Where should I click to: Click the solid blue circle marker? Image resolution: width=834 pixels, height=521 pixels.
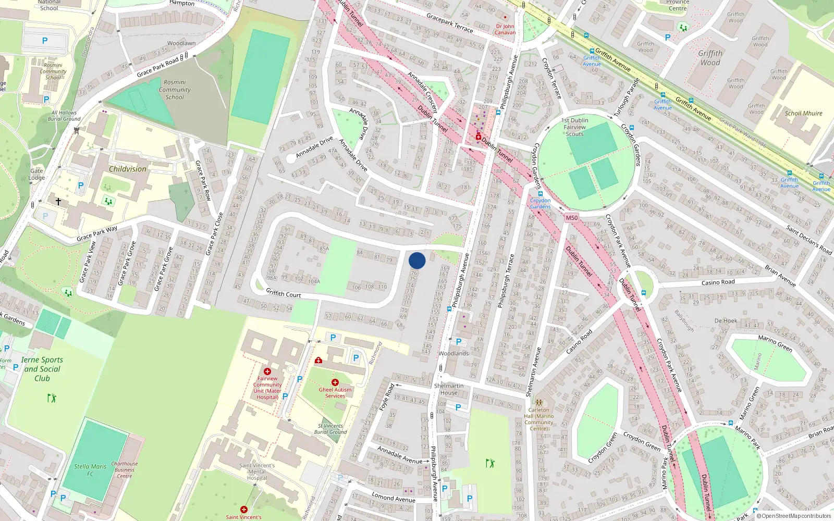tap(417, 260)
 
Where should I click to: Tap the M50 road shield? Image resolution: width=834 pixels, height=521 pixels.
tap(572, 218)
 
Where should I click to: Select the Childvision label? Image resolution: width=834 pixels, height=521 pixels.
tap(128, 169)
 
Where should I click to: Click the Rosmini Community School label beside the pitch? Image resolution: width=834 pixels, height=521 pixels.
tap(175, 90)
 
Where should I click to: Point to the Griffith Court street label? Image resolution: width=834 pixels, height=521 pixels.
tap(283, 293)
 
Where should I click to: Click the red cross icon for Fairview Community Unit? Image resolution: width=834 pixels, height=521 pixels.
tap(267, 371)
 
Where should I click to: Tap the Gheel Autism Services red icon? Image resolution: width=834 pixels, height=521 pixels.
tap(335, 382)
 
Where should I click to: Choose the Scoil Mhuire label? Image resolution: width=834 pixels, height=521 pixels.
tap(803, 113)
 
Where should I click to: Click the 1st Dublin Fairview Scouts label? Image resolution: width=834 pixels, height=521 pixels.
tap(574, 127)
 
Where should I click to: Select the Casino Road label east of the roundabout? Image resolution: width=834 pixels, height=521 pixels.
tap(718, 282)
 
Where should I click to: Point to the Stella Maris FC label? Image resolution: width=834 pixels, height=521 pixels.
tap(90, 470)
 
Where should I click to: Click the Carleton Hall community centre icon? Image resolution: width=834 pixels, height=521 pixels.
tap(539, 402)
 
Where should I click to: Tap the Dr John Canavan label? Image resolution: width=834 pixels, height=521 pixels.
tap(505, 29)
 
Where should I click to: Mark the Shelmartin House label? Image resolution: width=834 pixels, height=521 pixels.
tap(448, 389)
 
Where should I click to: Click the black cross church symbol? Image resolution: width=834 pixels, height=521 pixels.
tap(58, 201)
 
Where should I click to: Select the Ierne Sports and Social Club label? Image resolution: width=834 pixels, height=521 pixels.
tap(42, 369)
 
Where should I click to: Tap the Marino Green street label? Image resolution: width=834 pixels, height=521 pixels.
tap(775, 344)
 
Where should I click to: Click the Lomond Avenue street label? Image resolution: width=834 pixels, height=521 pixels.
tap(393, 498)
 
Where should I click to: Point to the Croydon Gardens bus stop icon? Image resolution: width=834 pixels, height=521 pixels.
tap(540, 194)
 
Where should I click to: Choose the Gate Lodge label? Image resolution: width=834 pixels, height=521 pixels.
tap(36, 174)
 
